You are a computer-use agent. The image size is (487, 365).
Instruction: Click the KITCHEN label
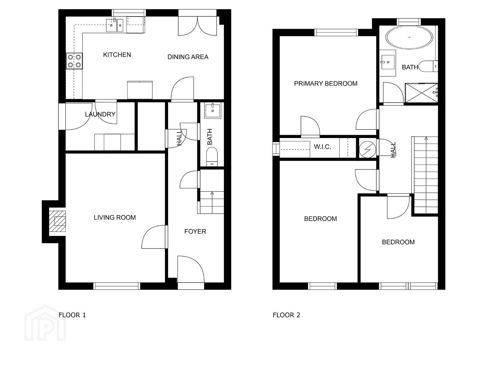pos(117,55)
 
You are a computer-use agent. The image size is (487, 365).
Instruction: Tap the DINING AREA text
pos(188,57)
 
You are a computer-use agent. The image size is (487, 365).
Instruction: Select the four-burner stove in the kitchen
pos(74,61)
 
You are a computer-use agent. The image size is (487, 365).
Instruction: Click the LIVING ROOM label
pos(115,217)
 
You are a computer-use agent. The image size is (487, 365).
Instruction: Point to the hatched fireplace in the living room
pos(57,221)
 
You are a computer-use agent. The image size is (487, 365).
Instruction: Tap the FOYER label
pos(195,232)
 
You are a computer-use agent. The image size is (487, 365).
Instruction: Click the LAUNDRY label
pos(100,114)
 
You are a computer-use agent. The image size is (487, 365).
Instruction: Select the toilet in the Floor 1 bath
pos(212,157)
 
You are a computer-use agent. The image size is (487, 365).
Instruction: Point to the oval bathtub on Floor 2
pos(409,38)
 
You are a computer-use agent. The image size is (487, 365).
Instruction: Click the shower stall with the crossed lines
pos(421,93)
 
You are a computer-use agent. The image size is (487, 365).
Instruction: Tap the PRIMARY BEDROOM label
pos(326,83)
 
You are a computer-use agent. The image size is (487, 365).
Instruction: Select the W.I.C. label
pos(322,147)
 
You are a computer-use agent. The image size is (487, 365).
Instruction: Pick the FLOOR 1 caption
pos(72,315)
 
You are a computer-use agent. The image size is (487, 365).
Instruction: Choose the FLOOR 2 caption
pos(286,315)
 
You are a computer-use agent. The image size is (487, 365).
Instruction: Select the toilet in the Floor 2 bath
pos(428,66)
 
